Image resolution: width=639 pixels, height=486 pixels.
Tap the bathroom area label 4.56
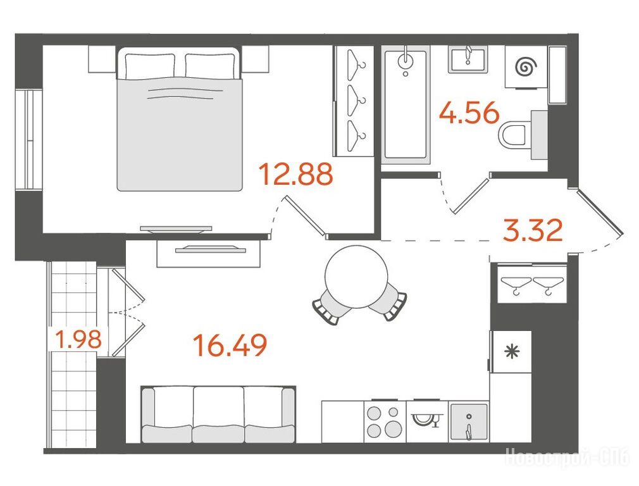coord(469,113)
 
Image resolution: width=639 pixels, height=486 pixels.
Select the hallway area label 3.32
coord(533,230)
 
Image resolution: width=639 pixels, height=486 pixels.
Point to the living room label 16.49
coord(230,345)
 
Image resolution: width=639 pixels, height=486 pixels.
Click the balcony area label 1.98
coord(78,339)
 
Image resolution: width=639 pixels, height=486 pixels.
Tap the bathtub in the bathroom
coord(406,104)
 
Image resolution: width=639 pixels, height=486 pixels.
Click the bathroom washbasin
coord(468,59)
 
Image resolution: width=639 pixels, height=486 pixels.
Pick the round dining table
coord(356,277)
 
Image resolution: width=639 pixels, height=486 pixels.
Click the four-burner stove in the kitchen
coord(385,421)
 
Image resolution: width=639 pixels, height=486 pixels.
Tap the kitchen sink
coord(469,421)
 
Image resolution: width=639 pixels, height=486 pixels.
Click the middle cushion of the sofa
coord(218,414)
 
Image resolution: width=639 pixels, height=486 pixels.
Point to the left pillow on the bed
coord(150,65)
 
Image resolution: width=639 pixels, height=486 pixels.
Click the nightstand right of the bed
coord(255,59)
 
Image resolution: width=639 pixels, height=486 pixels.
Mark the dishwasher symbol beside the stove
coord(427,421)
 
